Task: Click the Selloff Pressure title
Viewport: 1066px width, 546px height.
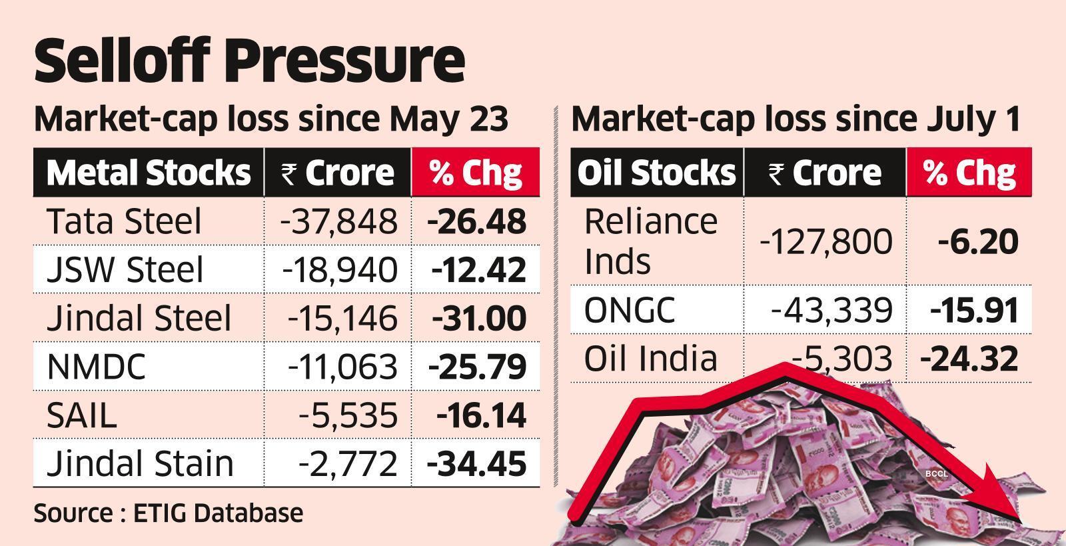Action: [249, 61]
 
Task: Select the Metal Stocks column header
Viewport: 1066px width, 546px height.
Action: [148, 173]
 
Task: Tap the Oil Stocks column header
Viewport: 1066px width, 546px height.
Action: [656, 173]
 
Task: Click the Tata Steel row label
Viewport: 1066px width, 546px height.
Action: [124, 221]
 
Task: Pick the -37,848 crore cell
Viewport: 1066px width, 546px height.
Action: [339, 221]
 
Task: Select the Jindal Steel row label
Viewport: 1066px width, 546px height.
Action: [139, 318]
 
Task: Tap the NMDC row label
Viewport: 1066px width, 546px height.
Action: [97, 367]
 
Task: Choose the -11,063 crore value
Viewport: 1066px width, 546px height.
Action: [342, 367]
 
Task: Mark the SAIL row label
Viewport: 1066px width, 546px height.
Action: [82, 415]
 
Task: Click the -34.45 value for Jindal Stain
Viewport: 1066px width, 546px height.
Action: [476, 464]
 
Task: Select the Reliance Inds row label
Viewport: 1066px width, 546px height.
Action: [650, 241]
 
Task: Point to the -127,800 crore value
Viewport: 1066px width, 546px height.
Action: [825, 241]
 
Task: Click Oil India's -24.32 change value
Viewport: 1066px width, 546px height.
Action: [969, 359]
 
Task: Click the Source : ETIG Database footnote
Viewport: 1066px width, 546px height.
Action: [169, 513]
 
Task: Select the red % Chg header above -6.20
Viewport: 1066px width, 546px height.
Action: [969, 173]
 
